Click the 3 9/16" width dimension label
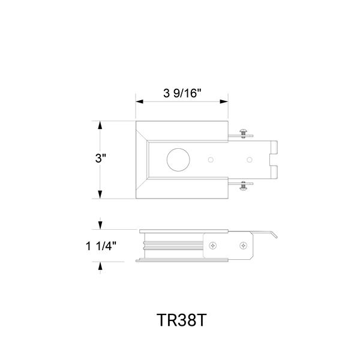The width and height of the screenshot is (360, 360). (182, 93)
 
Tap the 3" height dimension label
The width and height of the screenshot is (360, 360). (101, 158)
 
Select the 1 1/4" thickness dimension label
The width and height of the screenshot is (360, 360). (101, 246)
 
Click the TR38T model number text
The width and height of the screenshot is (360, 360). (181, 320)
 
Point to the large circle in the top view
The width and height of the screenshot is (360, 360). (178, 160)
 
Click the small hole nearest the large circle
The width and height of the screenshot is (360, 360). (211, 160)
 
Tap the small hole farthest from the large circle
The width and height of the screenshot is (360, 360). (250, 160)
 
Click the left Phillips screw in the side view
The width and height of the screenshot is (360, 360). (213, 245)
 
